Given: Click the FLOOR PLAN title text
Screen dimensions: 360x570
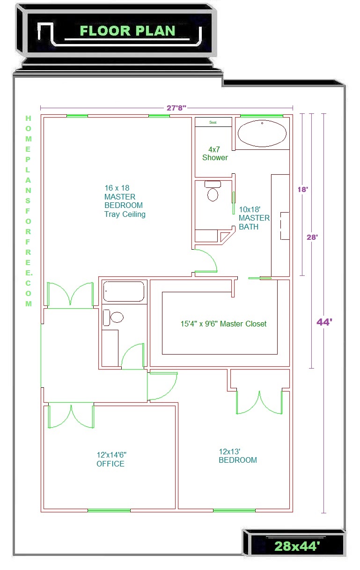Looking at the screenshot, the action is (127, 31).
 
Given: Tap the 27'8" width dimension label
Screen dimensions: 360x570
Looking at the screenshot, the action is (176, 108).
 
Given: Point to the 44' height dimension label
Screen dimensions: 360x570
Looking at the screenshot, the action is (324, 322).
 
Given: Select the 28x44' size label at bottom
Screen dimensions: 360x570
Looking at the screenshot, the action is (297, 546).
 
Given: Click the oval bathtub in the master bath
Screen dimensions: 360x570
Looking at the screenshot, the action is (262, 133).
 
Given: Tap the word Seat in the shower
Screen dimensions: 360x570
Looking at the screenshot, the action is (213, 122).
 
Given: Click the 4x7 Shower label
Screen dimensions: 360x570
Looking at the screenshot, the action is (215, 154).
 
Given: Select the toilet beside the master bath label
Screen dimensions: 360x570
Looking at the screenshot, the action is (213, 191).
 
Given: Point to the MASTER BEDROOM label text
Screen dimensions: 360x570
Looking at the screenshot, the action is (124, 201).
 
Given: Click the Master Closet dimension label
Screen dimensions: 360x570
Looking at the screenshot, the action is (223, 324).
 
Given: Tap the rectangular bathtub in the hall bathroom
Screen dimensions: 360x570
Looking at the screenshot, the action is (124, 291).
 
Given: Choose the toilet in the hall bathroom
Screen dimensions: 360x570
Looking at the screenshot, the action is (113, 318).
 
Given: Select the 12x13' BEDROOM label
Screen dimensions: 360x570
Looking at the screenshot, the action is (238, 456).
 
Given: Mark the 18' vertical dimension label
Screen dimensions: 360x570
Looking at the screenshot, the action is (303, 189).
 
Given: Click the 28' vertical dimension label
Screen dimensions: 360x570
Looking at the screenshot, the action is (312, 237).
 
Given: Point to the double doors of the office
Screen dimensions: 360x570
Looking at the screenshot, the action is (71, 415).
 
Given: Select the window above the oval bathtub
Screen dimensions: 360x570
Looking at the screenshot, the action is (262, 116).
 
